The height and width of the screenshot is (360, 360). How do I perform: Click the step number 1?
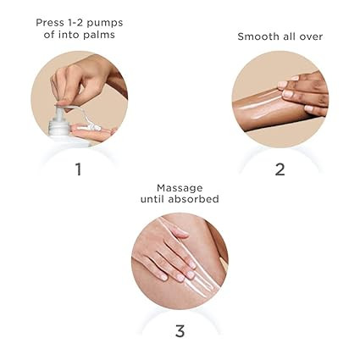pos(79,169)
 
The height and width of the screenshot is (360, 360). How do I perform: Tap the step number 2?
pos(280,169)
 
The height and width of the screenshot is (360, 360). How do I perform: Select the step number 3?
pos(180,330)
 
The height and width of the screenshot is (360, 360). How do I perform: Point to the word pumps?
pos(104,24)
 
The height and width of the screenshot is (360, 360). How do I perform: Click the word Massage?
pos(180,188)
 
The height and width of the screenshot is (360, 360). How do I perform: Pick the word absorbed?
pos(193,199)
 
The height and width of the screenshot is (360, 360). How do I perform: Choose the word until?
pos(152,199)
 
